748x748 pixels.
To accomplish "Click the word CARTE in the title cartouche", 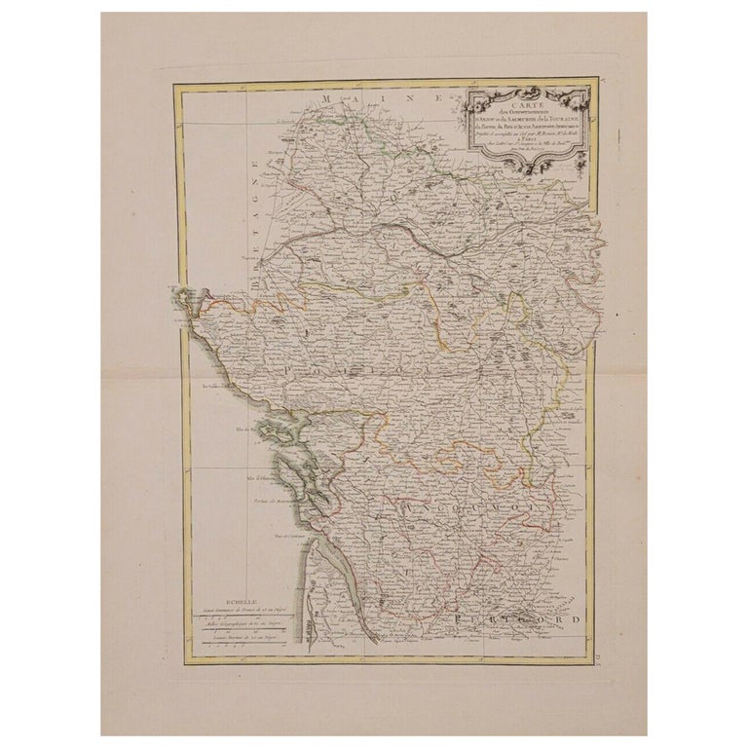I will point(526,96).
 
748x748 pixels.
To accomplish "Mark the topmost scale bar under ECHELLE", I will point(238,617).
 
